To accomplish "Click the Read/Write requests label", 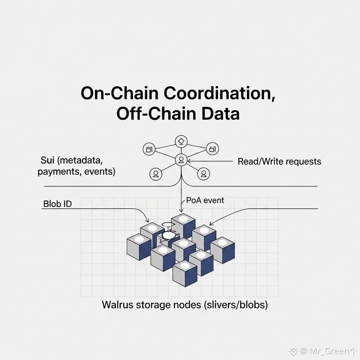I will click(x=279, y=161).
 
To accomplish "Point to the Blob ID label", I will click(x=57, y=204).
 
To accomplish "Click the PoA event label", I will click(x=205, y=200).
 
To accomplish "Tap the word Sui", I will click(x=47, y=161).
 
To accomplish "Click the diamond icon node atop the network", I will click(x=181, y=141).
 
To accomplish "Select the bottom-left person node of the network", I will click(x=155, y=173).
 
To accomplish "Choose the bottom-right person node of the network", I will click(x=203, y=173).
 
